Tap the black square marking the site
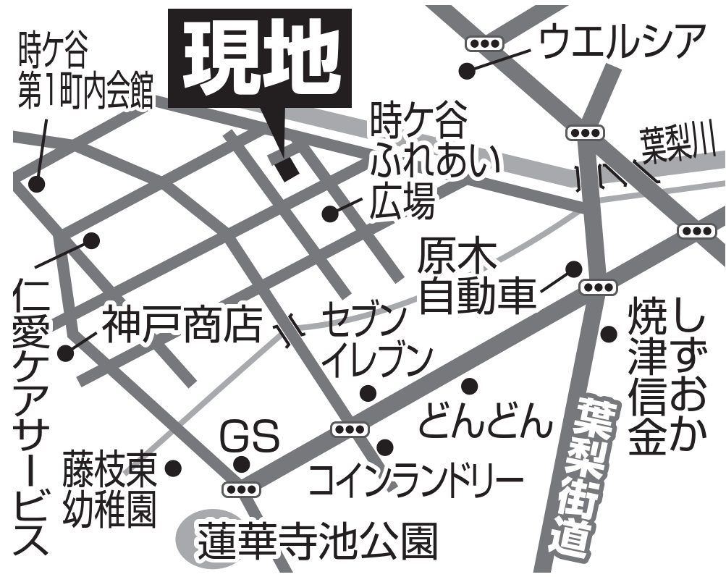(287, 168)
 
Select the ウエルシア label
(622, 43)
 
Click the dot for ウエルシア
(467, 71)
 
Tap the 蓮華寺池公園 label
(318, 539)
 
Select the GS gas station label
(249, 436)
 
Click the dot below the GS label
(242, 464)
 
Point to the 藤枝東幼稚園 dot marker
(173, 467)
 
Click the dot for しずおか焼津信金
(609, 334)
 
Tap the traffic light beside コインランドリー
(350, 429)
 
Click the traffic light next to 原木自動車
(598, 287)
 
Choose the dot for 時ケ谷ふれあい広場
(330, 214)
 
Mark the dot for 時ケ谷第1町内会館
(35, 184)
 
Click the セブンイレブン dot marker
(368, 393)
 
